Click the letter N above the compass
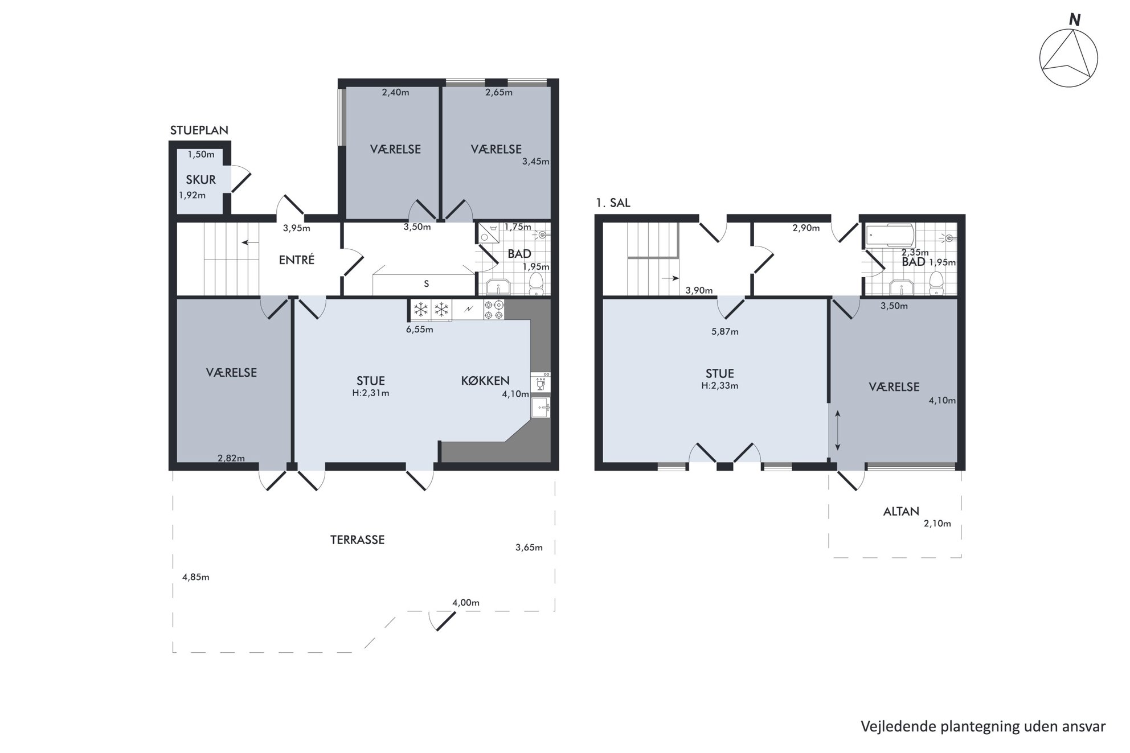click(1074, 20)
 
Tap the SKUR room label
click(200, 180)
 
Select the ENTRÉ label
click(296, 260)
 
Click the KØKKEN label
click(485, 381)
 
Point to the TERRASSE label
click(357, 540)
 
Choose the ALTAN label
click(901, 511)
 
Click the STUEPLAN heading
click(199, 130)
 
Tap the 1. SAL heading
click(613, 203)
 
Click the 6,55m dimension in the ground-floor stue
click(419, 330)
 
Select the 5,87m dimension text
click(724, 332)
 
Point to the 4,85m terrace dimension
click(195, 577)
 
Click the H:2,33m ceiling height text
click(720, 385)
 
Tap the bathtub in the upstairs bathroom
click(890, 235)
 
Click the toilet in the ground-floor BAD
click(536, 283)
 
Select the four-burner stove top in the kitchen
click(494, 310)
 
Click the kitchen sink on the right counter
click(541, 408)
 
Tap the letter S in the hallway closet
click(426, 284)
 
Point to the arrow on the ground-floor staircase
click(248, 242)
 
